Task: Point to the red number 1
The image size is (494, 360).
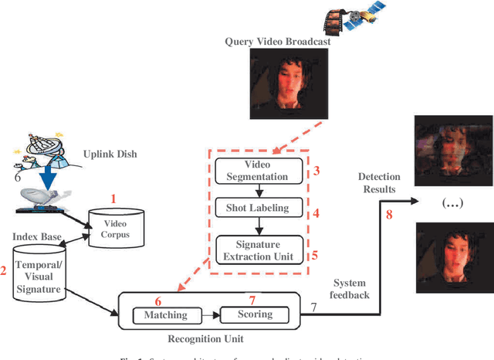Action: (x=113, y=199)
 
